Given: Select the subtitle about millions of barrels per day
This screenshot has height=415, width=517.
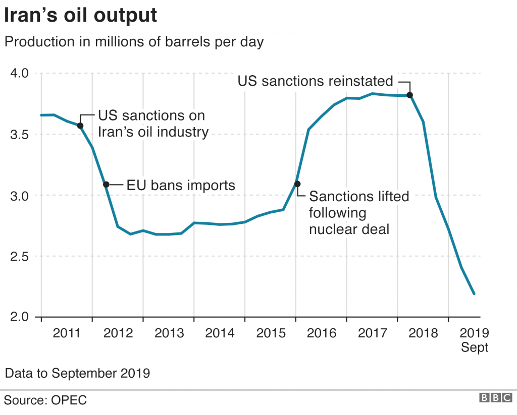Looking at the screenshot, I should point(134,42).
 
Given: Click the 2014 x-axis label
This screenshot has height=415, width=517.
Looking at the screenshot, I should point(220,333).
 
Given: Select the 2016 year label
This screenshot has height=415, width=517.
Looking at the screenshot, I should point(321,333).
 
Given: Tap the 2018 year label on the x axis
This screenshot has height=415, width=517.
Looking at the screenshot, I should point(423,333).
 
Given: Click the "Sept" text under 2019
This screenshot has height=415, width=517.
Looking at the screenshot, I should point(475,348).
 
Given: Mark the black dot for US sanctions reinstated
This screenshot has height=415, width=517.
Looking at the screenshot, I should point(410,95).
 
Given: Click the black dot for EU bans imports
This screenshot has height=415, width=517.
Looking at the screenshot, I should point(106,185).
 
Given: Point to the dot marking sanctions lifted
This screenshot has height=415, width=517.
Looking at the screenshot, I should point(297,184).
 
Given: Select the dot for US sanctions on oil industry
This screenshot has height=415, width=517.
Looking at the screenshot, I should point(80,126).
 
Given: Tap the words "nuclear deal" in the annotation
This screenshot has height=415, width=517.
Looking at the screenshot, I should point(349,229).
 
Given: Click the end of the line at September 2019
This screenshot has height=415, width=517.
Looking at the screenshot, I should point(474,293).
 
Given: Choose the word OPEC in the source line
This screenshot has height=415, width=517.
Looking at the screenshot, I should point(69,400).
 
